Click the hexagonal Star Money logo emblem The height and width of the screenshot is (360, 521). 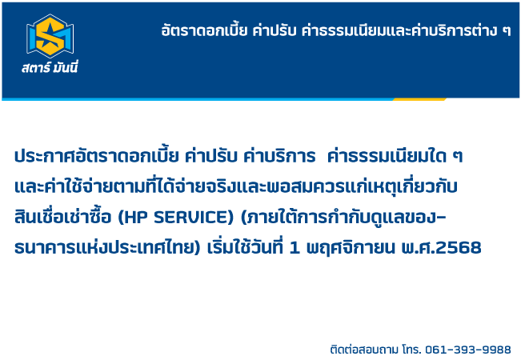point(50,36)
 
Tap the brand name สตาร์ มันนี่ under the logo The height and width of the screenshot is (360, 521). point(50,67)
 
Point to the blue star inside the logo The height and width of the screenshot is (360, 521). point(50,36)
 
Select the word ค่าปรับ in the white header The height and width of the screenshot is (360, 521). point(275,30)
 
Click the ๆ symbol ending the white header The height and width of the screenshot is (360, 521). point(507,32)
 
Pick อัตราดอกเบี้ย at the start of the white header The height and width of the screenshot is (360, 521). point(204,30)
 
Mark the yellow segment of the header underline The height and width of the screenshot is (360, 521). point(419,99)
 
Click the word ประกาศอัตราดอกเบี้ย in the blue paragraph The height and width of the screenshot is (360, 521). point(96,155)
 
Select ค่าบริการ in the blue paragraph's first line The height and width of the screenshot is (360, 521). point(279,155)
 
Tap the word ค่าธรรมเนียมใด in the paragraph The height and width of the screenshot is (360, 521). point(387,156)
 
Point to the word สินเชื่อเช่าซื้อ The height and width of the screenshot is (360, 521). point(62,217)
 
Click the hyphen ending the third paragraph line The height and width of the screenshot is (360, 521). point(443,218)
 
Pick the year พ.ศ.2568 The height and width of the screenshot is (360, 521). point(441,248)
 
